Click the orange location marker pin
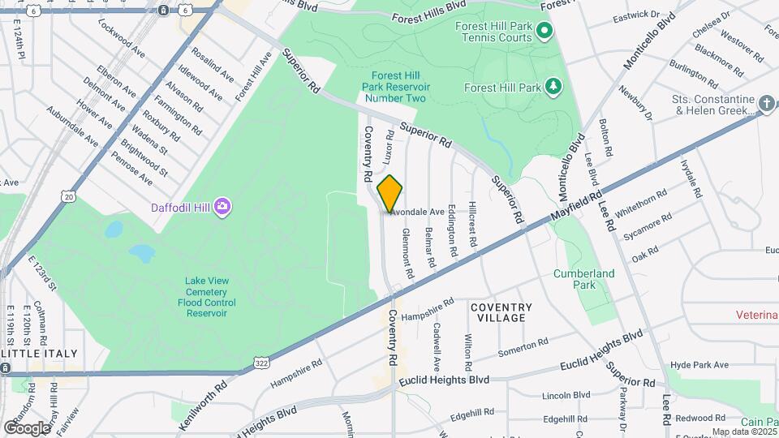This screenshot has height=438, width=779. click(390, 193)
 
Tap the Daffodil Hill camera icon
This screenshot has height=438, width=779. click(222, 207)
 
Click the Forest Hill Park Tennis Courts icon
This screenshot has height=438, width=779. click(544, 32)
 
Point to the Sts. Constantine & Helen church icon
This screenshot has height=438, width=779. click(767, 103)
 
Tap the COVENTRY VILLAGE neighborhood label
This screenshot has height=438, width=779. click(501, 312)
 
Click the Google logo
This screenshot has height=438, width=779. click(27, 427)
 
